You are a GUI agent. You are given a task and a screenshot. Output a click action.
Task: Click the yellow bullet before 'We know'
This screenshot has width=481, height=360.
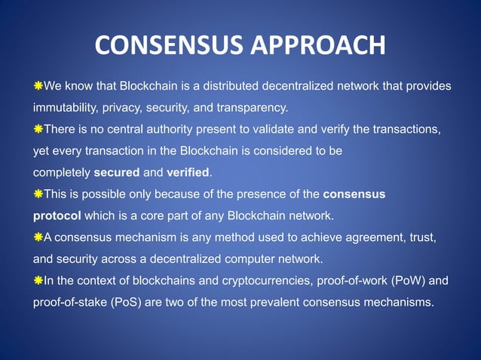(x=38, y=86)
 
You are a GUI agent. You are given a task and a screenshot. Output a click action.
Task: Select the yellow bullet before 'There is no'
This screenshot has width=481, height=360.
(x=38, y=130)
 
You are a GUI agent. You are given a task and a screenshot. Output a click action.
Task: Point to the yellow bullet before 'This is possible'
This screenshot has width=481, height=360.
(x=38, y=194)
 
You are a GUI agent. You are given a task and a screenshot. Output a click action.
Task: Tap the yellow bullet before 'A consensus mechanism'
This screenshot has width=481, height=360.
(x=38, y=238)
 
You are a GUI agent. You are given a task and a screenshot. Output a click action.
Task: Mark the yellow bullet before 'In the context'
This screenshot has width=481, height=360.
(x=38, y=282)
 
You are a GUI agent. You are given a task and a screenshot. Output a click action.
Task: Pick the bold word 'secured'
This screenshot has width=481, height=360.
(x=117, y=172)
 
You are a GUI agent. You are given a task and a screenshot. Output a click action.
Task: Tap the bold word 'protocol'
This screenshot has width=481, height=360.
(x=57, y=216)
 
